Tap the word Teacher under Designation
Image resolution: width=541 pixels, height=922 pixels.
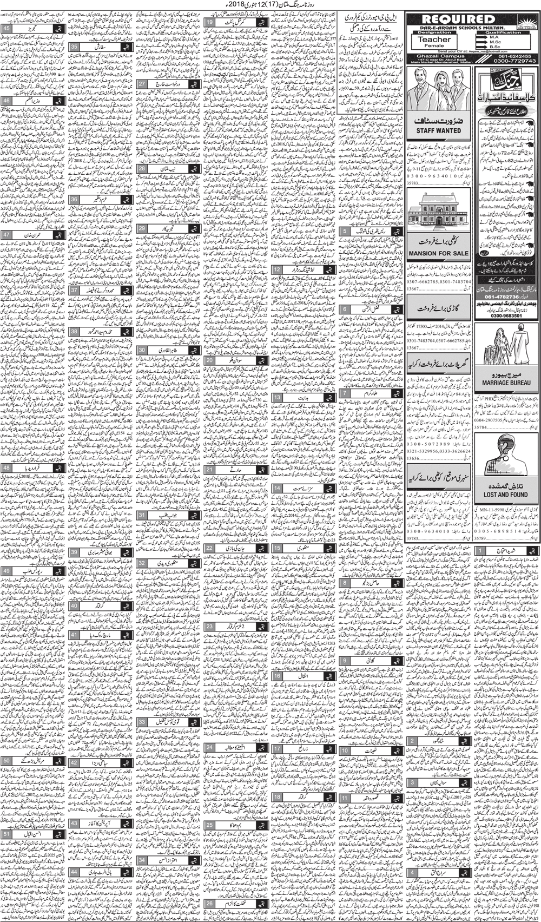click(434, 39)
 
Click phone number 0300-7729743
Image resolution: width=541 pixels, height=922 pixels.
click(506, 61)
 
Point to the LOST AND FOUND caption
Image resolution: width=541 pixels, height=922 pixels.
click(506, 494)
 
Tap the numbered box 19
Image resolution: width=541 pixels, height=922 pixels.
click(210, 23)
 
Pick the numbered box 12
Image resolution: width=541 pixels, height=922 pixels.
click(277, 269)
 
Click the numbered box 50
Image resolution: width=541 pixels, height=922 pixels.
click(8, 760)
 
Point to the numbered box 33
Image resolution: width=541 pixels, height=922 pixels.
click(142, 722)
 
